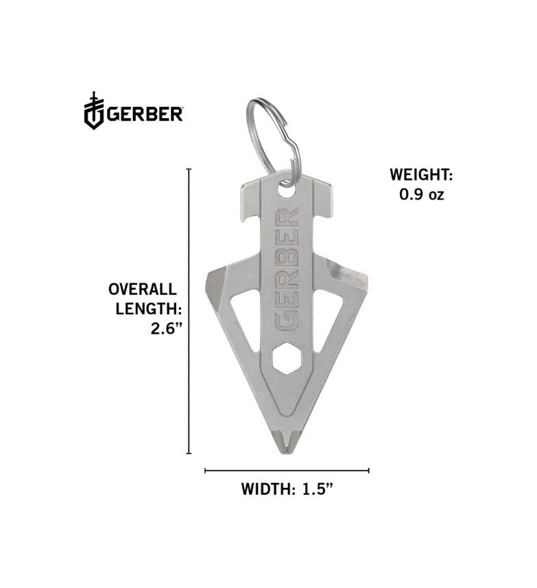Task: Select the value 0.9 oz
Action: [x=422, y=194]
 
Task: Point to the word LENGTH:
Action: [x=147, y=309]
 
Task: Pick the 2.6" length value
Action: [x=166, y=329]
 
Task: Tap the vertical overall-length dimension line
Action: [x=189, y=311]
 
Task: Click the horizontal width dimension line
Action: [x=287, y=471]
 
